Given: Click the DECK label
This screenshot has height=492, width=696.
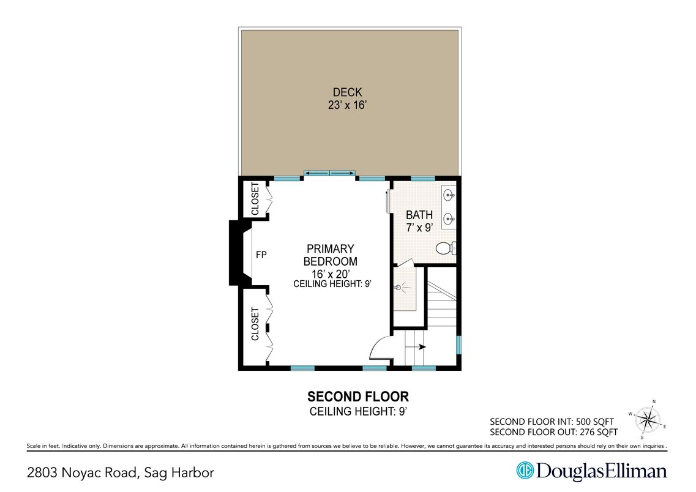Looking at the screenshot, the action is coord(347,92).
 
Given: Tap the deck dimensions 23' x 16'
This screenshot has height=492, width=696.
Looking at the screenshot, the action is coord(347,105).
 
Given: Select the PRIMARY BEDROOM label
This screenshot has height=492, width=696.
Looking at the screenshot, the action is coord(330,255).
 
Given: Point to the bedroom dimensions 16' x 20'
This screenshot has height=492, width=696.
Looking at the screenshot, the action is coord(331,274).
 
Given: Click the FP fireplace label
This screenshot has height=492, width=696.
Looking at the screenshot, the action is coord(261,255).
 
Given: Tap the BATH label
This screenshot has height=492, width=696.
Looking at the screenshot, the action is coord(419,215).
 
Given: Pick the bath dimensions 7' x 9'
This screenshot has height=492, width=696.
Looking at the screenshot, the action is coord(419,228).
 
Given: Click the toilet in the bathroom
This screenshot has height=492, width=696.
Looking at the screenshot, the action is coord(446,248).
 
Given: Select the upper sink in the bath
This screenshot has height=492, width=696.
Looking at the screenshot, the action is coord(449,195).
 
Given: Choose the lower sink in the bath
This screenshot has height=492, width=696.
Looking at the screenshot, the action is coord(449,218).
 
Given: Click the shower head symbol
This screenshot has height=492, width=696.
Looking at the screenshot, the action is coord(398,288).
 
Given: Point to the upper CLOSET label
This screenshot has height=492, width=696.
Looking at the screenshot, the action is coord(255,199).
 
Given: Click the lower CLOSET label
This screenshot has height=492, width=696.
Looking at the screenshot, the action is coord(255,324).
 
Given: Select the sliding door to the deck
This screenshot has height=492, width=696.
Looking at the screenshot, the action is coord(329,173).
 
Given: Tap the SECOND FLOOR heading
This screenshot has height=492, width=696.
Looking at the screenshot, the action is coord(357,396).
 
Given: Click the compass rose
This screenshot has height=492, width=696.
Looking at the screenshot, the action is coord(648,420).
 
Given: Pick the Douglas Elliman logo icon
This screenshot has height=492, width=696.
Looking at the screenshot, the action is coord(525,471).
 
